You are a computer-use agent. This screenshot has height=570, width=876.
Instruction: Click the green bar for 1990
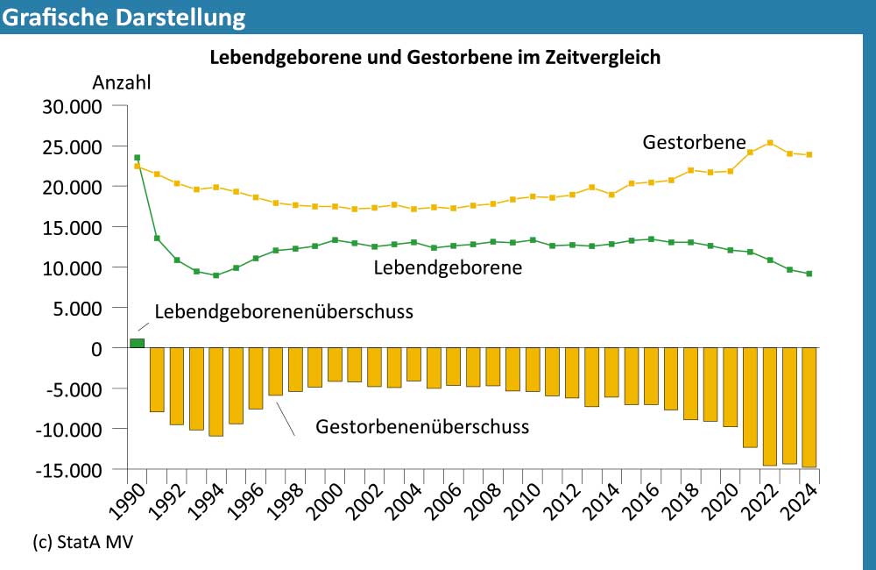pos(137,343)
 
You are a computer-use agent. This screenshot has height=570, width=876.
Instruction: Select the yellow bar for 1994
pos(216,391)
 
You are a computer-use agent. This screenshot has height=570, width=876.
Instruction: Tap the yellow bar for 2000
pos(335,365)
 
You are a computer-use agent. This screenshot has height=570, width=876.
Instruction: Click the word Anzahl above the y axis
pos(122,83)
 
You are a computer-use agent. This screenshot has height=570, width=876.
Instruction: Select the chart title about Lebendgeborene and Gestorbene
pos(434,58)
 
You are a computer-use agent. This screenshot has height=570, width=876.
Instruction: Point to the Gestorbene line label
pos(694,142)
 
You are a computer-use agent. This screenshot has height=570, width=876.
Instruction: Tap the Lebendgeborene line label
pos(448,268)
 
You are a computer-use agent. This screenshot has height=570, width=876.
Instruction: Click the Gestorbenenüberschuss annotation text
pos(422,427)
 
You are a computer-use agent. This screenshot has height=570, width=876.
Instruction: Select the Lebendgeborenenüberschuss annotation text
pos(283,311)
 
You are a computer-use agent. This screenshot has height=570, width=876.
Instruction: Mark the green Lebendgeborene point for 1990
pos(137,158)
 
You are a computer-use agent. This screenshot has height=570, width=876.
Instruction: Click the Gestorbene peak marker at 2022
pos(769,143)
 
